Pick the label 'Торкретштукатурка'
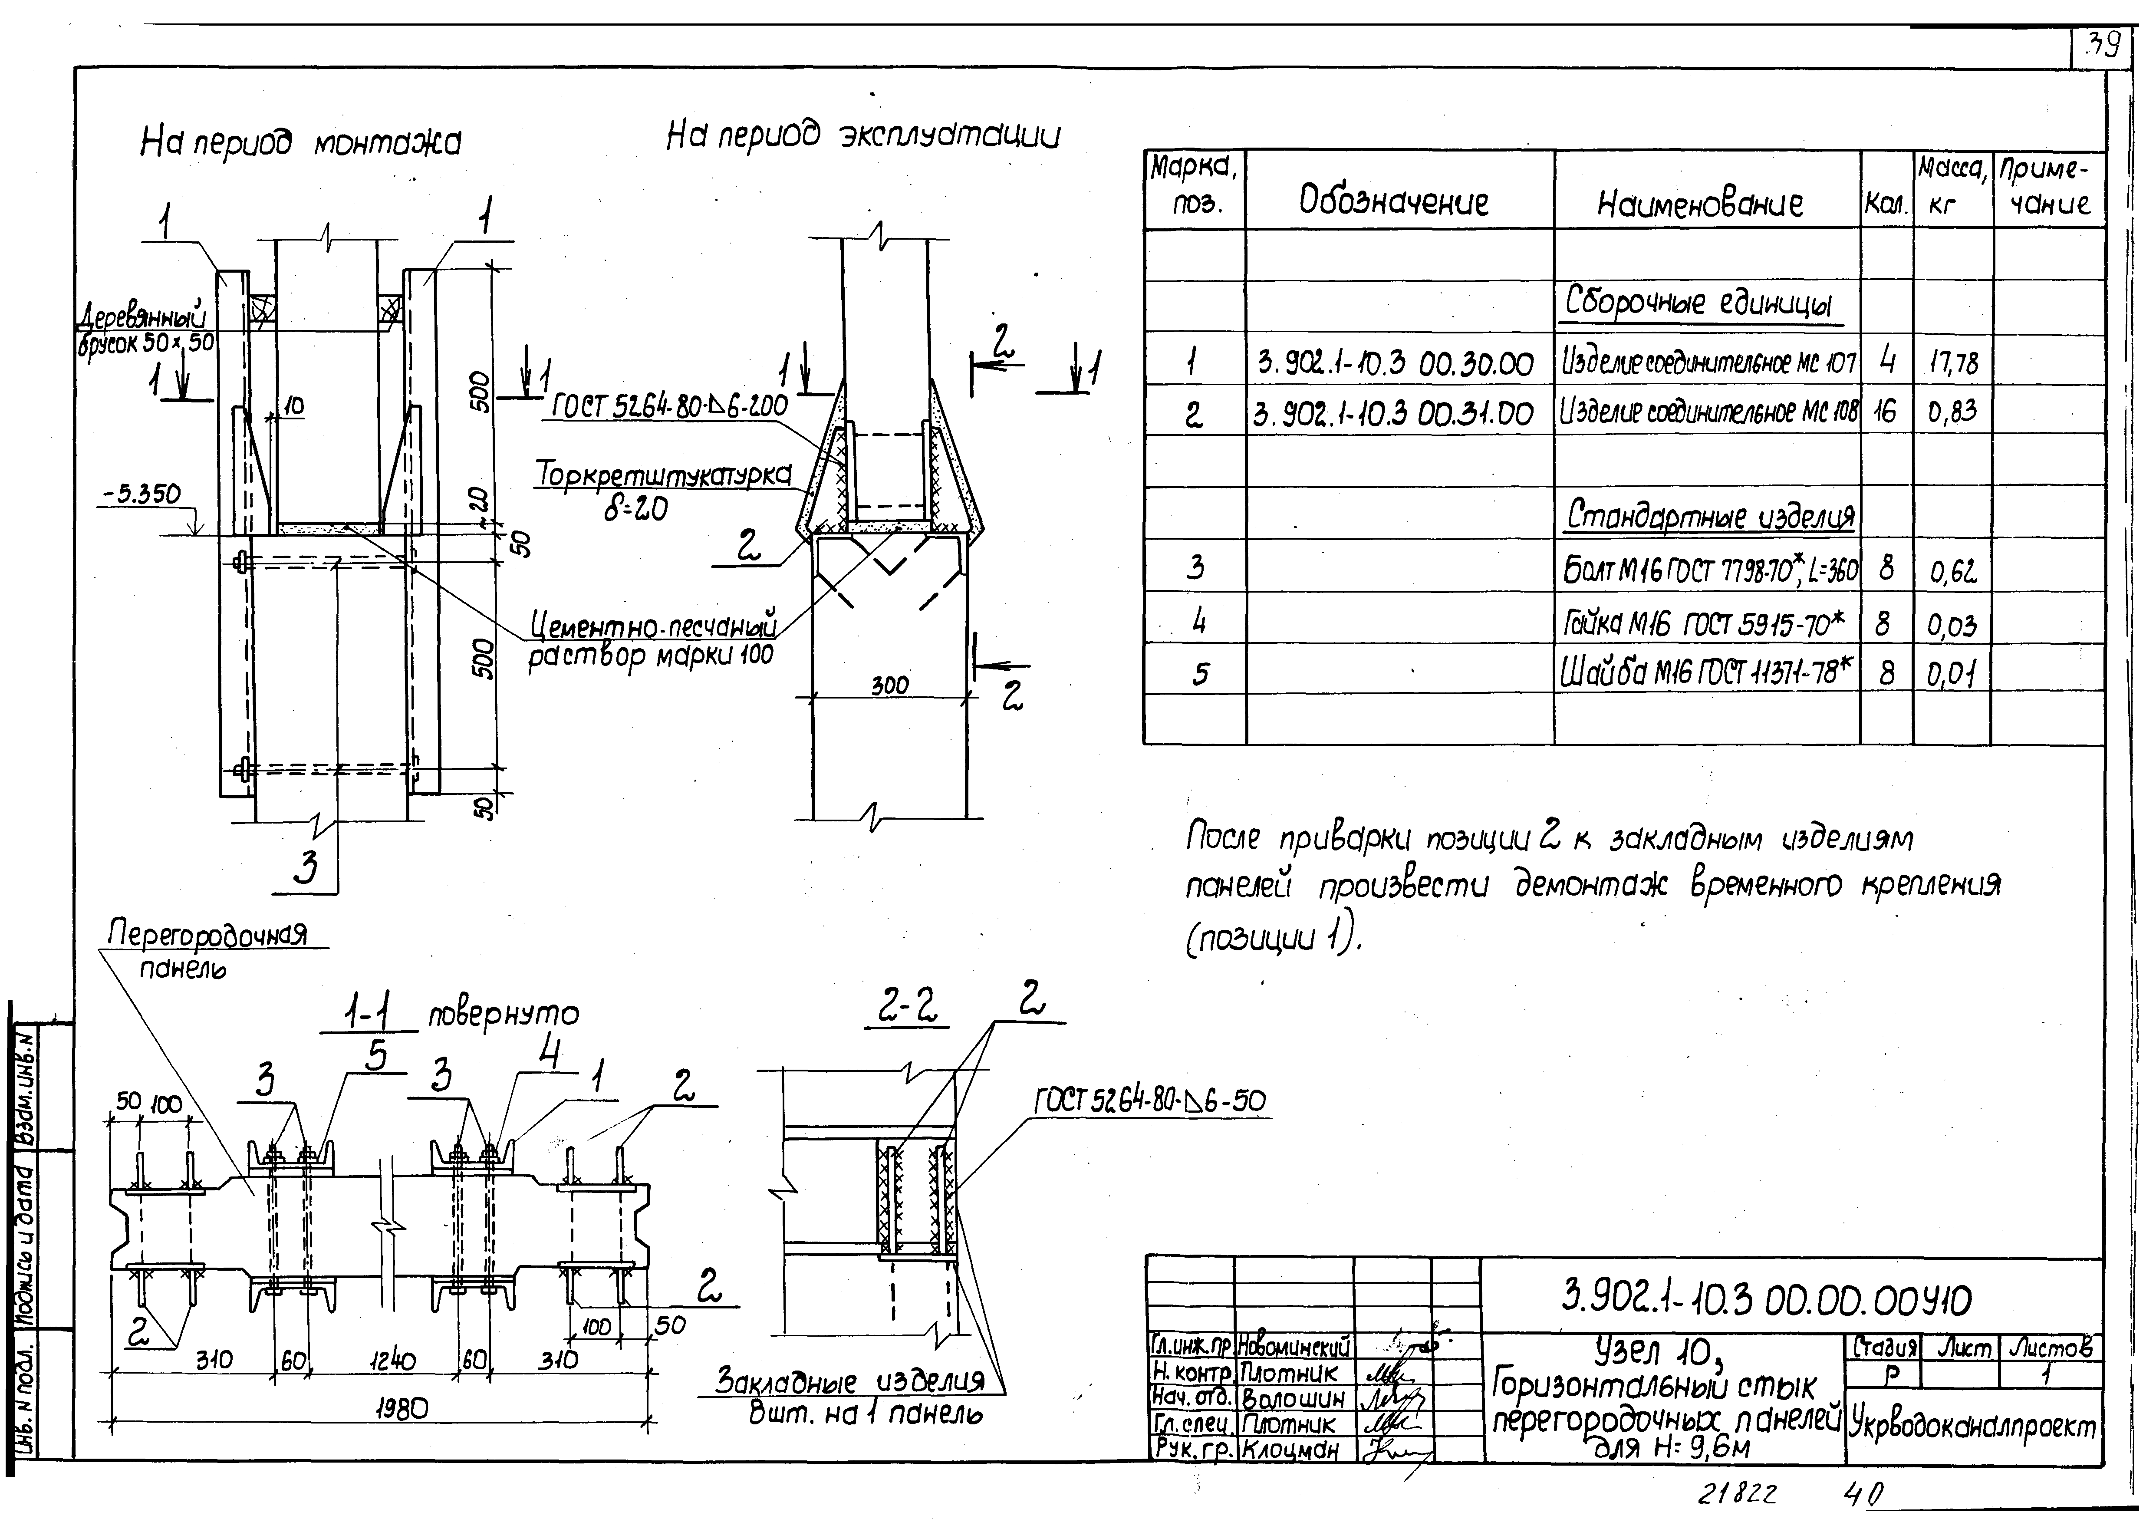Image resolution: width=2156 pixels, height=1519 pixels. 662,474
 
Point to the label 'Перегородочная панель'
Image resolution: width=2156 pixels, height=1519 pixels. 207,949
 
